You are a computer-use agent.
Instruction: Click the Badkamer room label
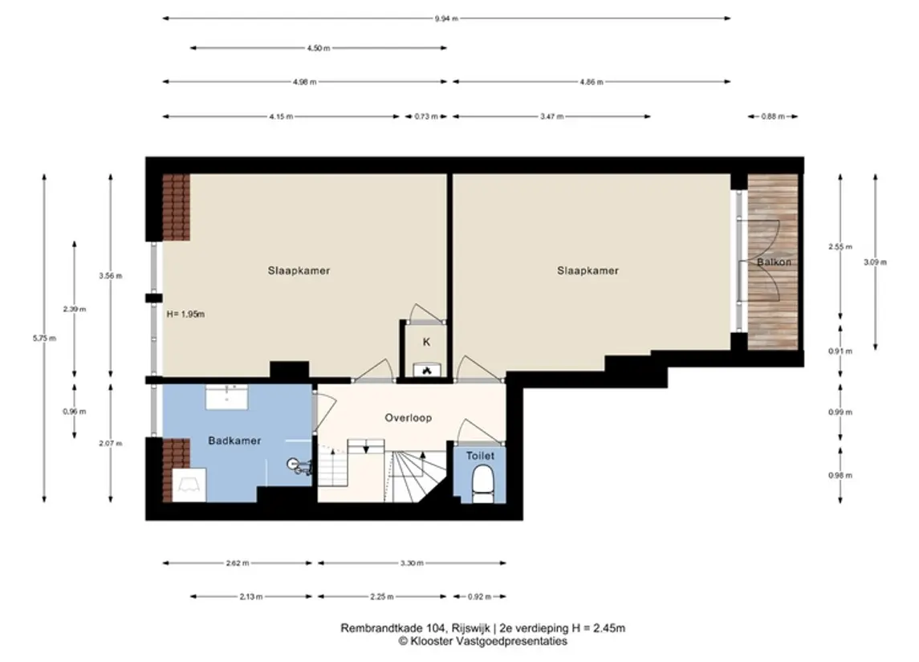tap(234, 441)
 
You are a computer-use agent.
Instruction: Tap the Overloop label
tap(409, 418)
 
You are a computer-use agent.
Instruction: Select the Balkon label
tap(774, 262)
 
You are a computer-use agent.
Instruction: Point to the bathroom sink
tap(227, 396)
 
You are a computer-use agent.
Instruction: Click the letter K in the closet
tap(427, 342)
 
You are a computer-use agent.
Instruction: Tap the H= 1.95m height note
tap(185, 314)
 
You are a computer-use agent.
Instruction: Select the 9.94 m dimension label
tap(446, 18)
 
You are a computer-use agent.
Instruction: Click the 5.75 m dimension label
tap(44, 338)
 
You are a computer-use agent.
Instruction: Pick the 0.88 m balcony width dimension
tap(772, 116)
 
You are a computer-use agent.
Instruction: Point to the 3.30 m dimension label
tap(412, 563)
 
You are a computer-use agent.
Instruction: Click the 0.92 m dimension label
tap(479, 597)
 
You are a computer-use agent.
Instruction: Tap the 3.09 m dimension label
tap(875, 262)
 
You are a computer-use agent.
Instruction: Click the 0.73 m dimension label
tap(426, 116)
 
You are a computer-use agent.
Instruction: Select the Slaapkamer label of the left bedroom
tap(299, 270)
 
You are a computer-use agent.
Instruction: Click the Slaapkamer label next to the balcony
tap(588, 270)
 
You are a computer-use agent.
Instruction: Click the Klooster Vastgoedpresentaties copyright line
tap(483, 641)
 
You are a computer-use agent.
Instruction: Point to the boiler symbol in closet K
tap(427, 370)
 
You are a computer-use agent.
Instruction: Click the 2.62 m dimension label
tap(238, 563)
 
